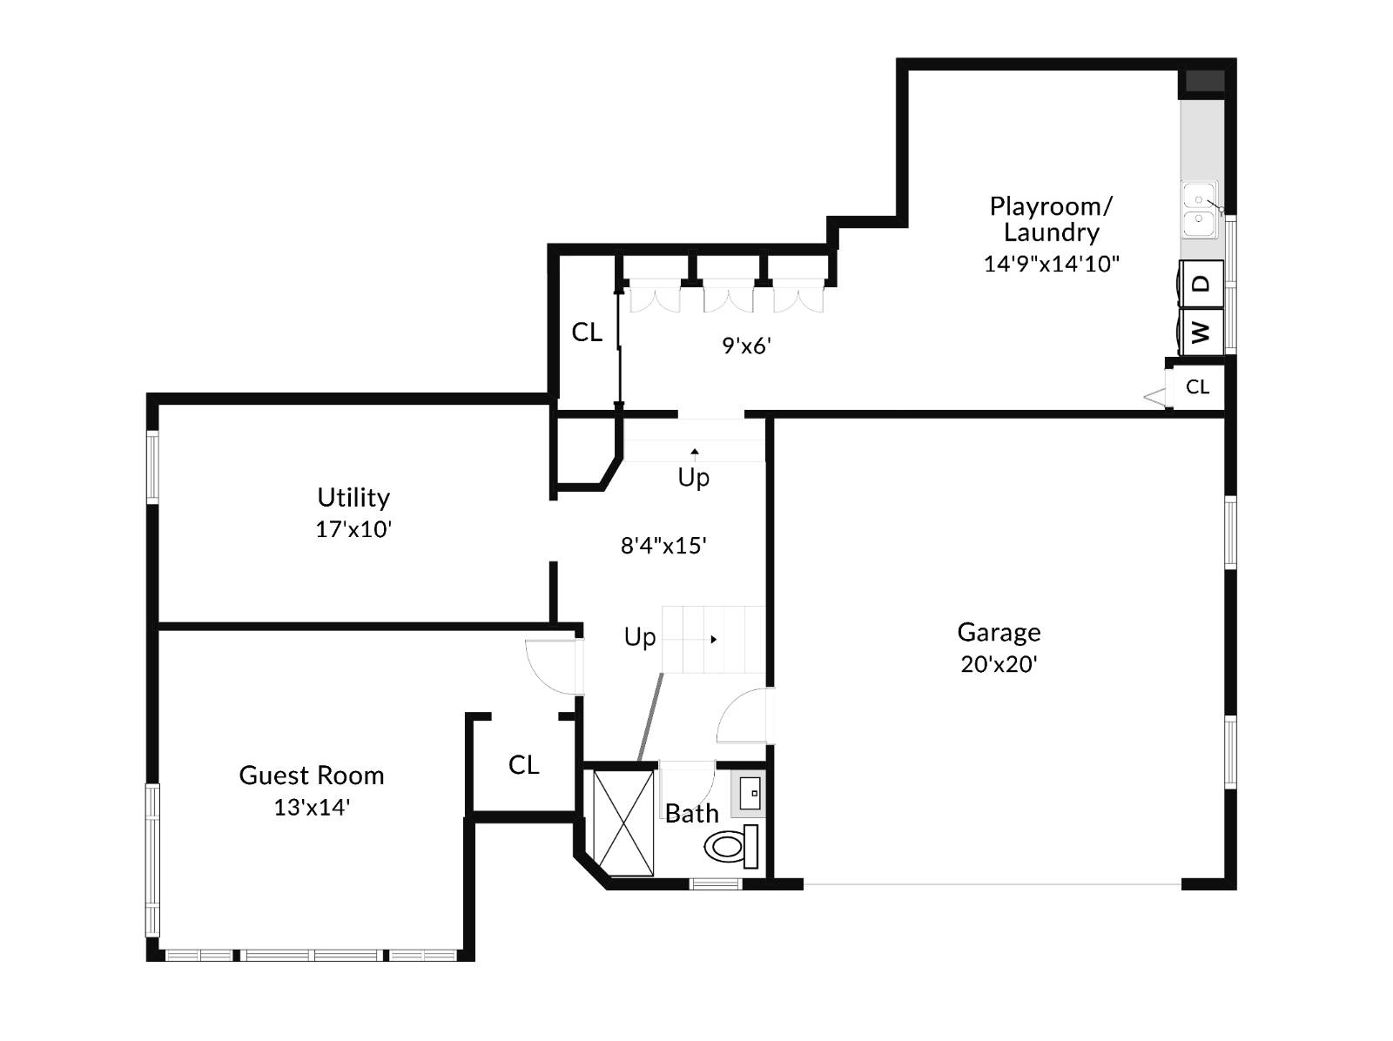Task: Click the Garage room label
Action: coord(999,632)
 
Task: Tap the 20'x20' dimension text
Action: coord(999,664)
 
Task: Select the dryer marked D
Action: coord(1201,284)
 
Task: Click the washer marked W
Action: coord(1201,331)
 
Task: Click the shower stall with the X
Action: coord(622,823)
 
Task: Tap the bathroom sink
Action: coord(750,793)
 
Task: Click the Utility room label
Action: coord(353,497)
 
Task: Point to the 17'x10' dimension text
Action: coord(353,529)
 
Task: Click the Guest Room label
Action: coord(311,775)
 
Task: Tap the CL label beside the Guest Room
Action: coord(523,764)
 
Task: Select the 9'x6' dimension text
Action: coord(746,346)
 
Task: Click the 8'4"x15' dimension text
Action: coord(663,546)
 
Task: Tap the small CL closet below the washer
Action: coord(1197,386)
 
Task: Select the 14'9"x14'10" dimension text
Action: coord(1051,264)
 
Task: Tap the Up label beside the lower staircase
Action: coord(640,637)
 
